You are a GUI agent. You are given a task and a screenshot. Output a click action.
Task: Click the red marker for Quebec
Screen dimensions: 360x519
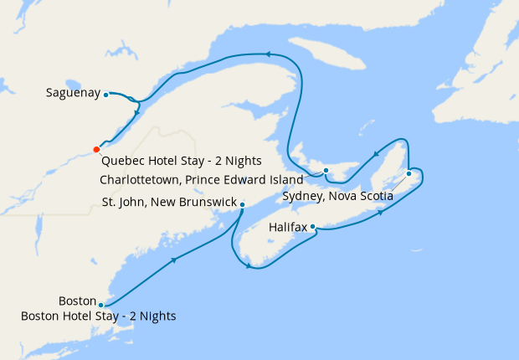[95, 150]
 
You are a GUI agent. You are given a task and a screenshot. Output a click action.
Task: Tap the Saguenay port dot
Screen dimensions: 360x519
[106, 95]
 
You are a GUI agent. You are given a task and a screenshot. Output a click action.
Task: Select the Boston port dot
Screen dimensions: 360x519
[100, 305]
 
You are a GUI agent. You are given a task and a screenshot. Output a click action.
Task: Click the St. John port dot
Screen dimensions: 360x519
[242, 204]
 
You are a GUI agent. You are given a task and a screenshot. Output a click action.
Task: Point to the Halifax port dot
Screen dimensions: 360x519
[312, 226]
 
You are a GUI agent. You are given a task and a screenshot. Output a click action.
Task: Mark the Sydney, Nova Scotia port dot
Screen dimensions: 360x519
[409, 173]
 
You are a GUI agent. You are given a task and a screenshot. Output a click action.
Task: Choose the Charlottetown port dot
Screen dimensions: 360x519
[326, 172]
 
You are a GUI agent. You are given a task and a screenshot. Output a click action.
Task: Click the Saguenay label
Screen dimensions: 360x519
[73, 94]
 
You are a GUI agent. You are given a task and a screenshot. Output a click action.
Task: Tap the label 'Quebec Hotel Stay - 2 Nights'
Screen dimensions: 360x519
[181, 161]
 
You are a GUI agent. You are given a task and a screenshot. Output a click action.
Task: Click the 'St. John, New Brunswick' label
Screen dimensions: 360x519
[169, 202]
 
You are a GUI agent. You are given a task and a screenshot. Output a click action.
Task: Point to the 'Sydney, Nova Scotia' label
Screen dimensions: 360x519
[338, 197]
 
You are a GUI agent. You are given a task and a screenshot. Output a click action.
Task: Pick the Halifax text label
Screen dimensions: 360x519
[287, 227]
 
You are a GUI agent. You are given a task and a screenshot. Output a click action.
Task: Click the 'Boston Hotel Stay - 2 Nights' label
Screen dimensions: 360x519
[99, 316]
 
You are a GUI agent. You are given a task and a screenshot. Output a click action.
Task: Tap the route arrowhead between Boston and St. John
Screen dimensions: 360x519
[174, 260]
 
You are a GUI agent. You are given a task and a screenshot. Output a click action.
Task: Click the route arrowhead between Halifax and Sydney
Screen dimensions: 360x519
[382, 212]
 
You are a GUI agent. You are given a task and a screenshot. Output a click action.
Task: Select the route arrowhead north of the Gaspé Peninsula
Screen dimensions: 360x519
[269, 54]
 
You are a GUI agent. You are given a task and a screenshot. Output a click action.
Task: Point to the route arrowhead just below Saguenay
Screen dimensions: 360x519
[136, 113]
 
